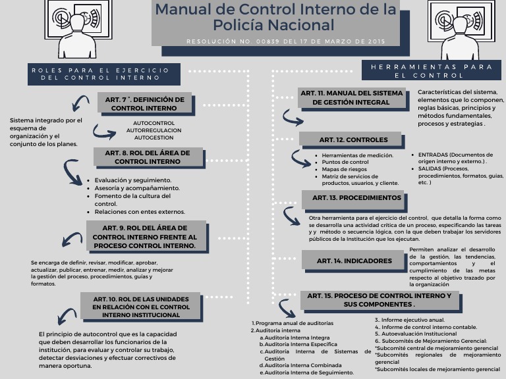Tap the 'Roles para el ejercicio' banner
[99, 74]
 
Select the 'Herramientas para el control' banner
[432, 70]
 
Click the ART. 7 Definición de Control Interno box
[144, 103]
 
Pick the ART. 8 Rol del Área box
[147, 157]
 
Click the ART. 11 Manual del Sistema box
[351, 97]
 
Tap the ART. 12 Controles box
[349, 139]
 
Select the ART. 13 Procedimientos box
[356, 198]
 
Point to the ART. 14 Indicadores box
[354, 261]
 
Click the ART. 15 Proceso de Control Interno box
[379, 300]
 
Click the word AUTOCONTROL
[154, 123]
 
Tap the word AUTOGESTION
[154, 138]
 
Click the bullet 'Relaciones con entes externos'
[140, 212]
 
